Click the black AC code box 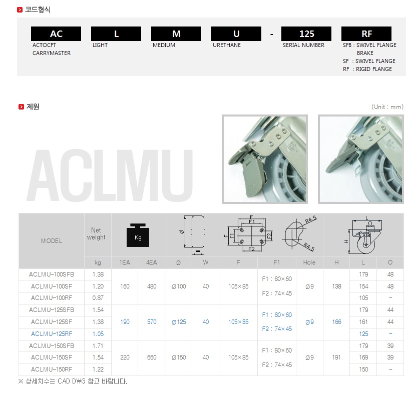point(56,34)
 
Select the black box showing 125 point(306,34)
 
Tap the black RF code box point(366,34)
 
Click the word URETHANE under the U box point(227,45)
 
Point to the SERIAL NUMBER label point(303,45)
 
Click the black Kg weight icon point(138,235)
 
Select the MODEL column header point(52,241)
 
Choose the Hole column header point(309,262)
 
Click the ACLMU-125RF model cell point(52,334)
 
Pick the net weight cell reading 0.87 point(98,298)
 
